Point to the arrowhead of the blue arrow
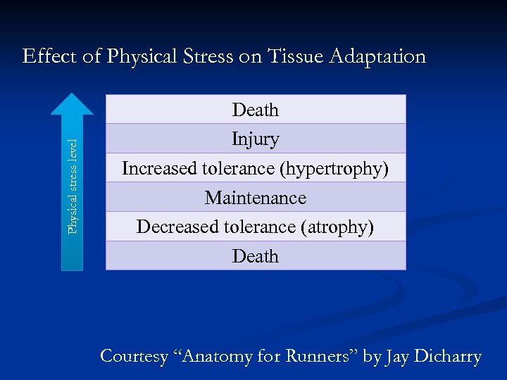point(72,104)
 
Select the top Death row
point(256,110)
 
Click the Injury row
point(256,139)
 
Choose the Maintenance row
point(256,198)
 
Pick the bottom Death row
point(256,256)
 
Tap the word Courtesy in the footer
point(134,356)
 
